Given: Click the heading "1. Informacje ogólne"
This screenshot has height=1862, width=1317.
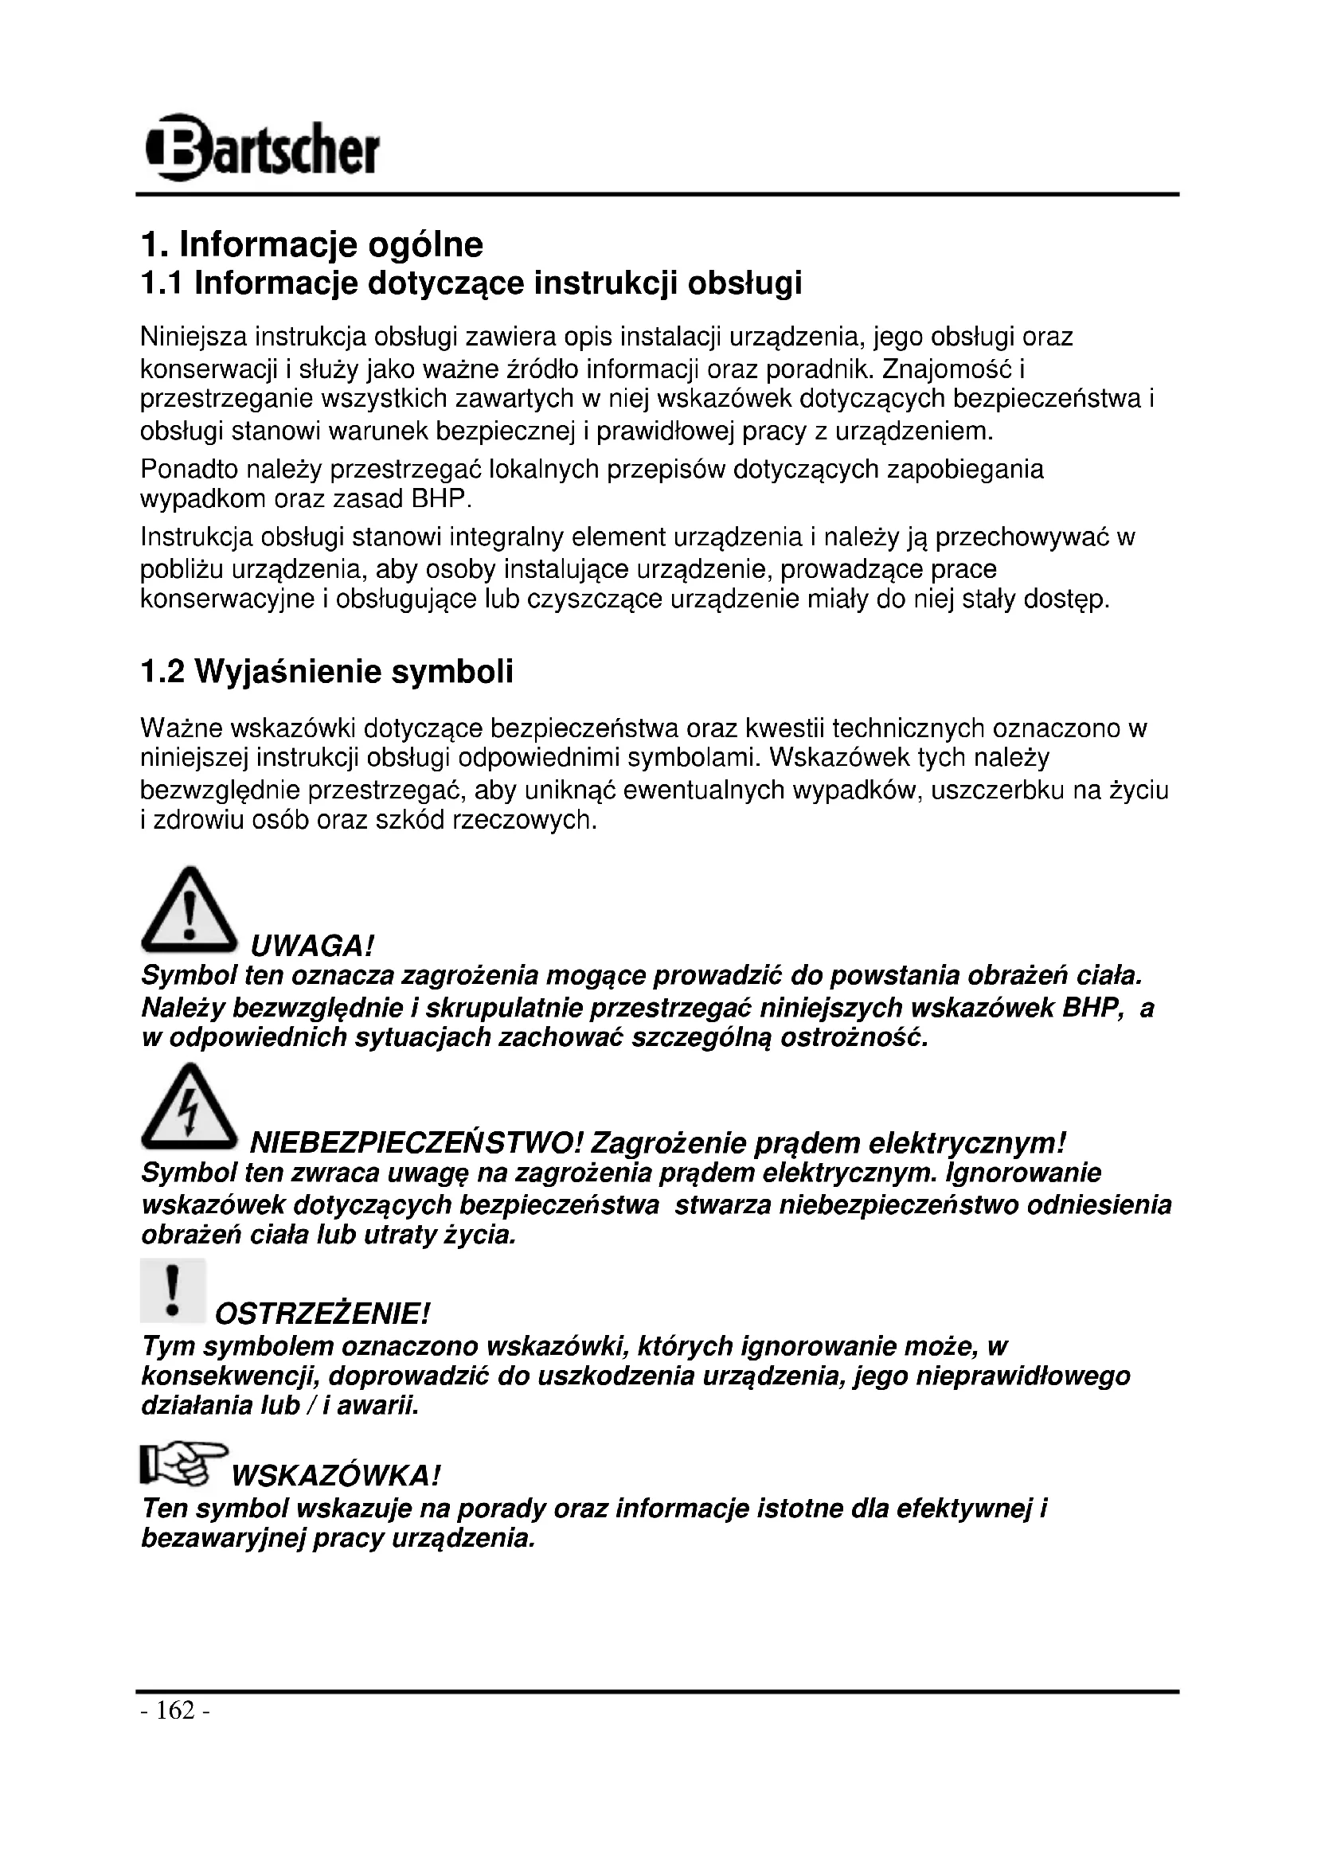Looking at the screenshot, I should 311,244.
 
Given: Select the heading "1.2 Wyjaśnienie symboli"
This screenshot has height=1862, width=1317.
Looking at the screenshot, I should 326,672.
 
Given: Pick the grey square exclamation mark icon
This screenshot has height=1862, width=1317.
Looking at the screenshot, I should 172,1290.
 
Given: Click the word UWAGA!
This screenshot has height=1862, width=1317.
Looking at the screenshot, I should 312,946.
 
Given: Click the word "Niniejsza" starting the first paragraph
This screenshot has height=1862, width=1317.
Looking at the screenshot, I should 193,336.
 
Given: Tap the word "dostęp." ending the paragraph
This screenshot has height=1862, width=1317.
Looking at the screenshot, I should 1065,600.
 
